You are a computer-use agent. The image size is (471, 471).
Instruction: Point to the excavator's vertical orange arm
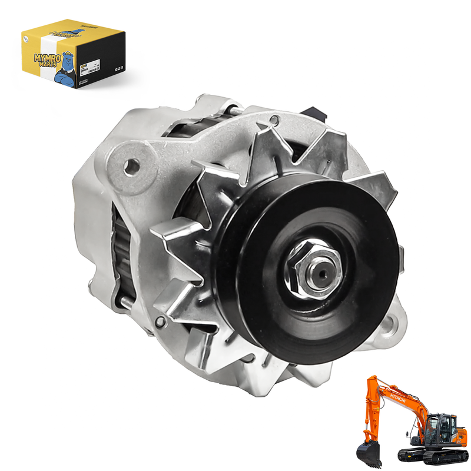click(370, 406)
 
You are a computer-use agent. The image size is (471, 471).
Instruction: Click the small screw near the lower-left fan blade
click(160, 321)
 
